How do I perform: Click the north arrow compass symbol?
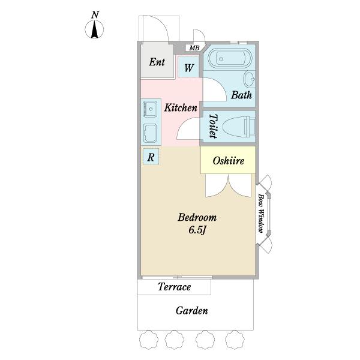(94, 29)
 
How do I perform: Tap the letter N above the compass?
(95, 14)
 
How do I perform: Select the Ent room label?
(157, 62)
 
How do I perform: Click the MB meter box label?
(194, 48)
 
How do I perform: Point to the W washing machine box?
(188, 67)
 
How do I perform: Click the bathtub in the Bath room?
(230, 58)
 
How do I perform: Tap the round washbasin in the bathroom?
(250, 79)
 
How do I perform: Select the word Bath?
(241, 95)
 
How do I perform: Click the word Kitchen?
(181, 107)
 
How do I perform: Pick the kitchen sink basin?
(150, 109)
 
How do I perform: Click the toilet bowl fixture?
(239, 127)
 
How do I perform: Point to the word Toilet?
(213, 126)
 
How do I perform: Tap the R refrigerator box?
(151, 157)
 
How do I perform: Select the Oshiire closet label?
(228, 161)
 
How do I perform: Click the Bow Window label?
(260, 213)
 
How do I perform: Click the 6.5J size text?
(197, 230)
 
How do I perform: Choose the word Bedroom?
(197, 217)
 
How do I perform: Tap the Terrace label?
(175, 287)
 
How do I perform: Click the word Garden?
(192, 311)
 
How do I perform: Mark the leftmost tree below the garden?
(149, 340)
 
